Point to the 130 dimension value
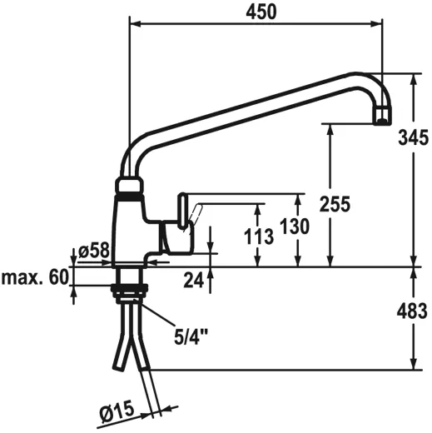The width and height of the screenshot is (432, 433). click(x=296, y=226)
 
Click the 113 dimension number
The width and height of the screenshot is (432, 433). click(x=259, y=236)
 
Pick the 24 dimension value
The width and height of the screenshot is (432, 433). click(x=194, y=281)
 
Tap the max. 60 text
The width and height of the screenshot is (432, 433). click(x=34, y=277)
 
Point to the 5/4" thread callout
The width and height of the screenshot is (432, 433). click(x=191, y=336)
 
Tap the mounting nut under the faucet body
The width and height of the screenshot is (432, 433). click(x=129, y=290)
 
